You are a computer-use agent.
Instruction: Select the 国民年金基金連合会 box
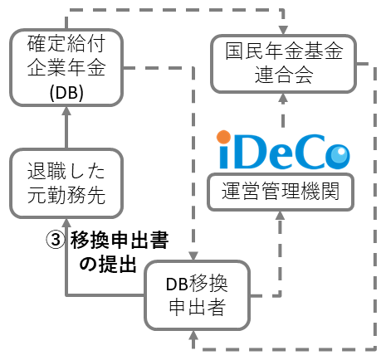pyautogui.click(x=285, y=64)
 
